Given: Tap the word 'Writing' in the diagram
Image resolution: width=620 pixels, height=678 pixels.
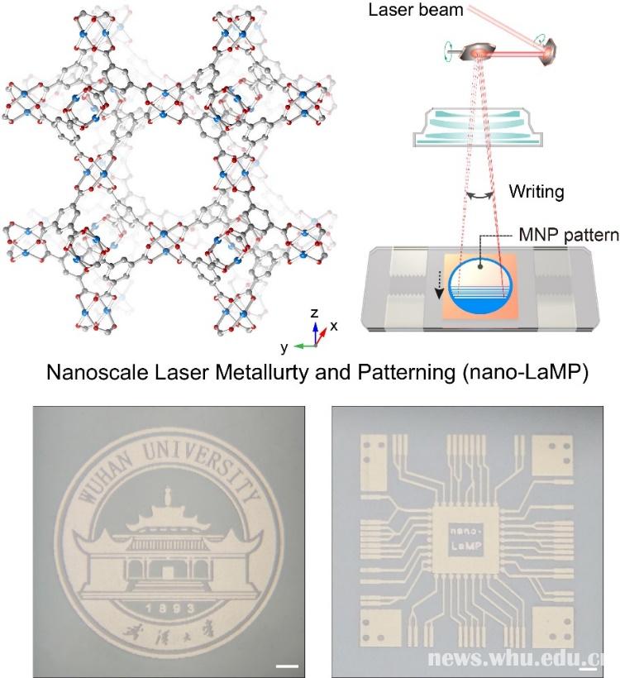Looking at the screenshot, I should coord(536,192).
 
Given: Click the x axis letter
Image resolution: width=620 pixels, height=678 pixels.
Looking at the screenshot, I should coord(333,326).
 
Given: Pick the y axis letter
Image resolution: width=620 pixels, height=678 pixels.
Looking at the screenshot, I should coord(283,346).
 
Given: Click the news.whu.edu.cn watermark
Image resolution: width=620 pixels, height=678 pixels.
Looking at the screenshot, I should coord(521,657).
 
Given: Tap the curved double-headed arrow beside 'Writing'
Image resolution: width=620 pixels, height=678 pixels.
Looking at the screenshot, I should coord(481,194).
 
